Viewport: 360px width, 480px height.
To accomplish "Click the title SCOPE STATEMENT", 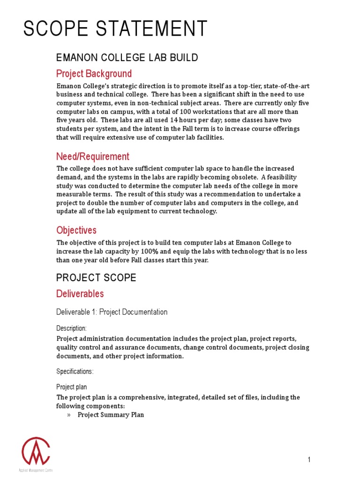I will pos(115,29).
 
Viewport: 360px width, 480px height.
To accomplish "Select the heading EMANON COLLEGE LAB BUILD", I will pos(127,58).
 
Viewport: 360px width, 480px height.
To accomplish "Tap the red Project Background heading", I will pos(94,74).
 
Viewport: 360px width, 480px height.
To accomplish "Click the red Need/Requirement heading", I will pos(93,156).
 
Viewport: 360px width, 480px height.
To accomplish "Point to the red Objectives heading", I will pos(76,230).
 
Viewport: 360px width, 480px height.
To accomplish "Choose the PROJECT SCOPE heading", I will pos(96,277).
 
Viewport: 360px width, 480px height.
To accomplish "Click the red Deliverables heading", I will pos(80,294).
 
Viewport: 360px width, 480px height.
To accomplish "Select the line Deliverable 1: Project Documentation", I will pos(112,312).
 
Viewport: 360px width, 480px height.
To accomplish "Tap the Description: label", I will pos(71,328).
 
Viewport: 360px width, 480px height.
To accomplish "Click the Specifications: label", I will pos(75,371).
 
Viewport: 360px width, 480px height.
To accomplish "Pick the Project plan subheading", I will pos(71,387).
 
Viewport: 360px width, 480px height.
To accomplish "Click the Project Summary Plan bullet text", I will pos(111,415).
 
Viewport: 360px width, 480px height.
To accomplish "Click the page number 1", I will pos(309,460).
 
